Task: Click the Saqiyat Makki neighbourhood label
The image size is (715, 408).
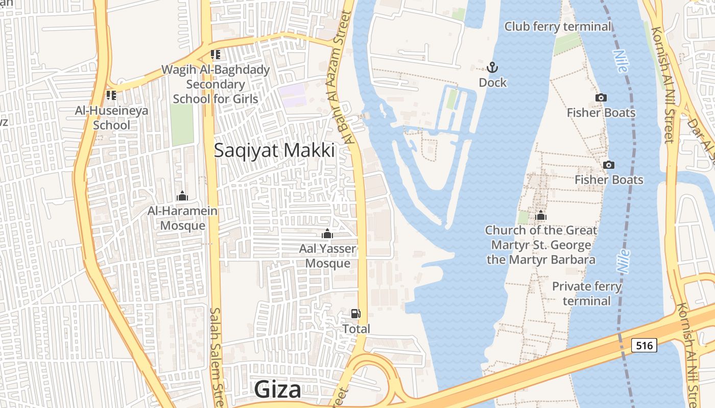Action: pos(274,150)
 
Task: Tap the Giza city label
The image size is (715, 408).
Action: pos(278,390)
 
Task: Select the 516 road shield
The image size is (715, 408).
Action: pos(644,345)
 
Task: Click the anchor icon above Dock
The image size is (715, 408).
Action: pos(492,67)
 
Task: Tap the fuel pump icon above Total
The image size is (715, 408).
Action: pos(355,314)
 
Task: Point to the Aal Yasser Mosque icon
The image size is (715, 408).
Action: pos(327,234)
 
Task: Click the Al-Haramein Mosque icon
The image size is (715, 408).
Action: pos(182,196)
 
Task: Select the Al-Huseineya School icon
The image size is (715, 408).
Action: pos(111,95)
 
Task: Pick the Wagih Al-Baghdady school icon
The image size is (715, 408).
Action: pos(216,54)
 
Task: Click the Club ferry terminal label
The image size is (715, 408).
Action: pos(558,27)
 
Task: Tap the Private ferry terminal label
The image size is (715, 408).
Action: pos(587,293)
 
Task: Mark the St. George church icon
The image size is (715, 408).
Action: pos(541,216)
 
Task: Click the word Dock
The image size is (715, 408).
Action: pos(493,82)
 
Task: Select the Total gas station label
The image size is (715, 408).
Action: pos(356,329)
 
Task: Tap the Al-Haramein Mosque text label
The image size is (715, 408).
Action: pos(182,218)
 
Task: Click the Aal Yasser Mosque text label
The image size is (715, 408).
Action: pos(328,256)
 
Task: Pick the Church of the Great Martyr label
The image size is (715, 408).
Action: pos(541,245)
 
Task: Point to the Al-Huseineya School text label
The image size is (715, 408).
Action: pos(111,117)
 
